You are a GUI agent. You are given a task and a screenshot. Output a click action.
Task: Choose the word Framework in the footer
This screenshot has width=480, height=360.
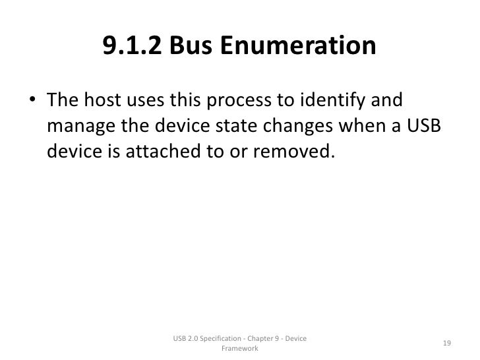(240, 349)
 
